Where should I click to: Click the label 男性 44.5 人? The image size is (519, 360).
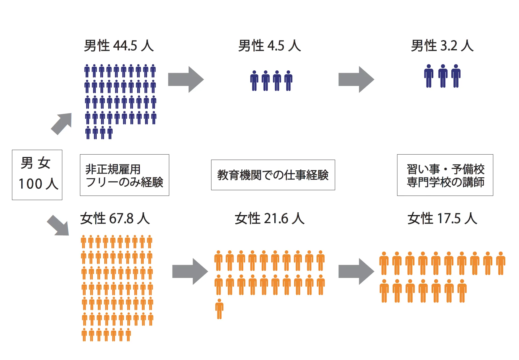pyautogui.click(x=119, y=46)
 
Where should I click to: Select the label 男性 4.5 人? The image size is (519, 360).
pyautogui.click(x=270, y=46)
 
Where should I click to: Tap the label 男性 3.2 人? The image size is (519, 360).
pyautogui.click(x=442, y=46)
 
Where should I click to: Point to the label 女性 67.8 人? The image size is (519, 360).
pyautogui.click(x=115, y=218)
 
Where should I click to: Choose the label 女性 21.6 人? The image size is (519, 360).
pyautogui.click(x=270, y=218)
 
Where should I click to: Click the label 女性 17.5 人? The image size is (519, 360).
pyautogui.click(x=442, y=218)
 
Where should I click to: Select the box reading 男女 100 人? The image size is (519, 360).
pyautogui.click(x=37, y=175)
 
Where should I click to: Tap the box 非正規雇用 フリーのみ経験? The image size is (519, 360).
pyautogui.click(x=124, y=175)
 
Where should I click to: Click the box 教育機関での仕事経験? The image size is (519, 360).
pyautogui.click(x=273, y=175)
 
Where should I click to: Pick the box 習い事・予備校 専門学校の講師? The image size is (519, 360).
pyautogui.click(x=445, y=175)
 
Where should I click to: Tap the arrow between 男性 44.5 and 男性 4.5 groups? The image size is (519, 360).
pyautogui.click(x=186, y=79)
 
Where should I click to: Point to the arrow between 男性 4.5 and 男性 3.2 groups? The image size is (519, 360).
pyautogui.click(x=356, y=79)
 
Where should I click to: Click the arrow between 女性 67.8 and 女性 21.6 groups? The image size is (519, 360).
pyautogui.click(x=190, y=271)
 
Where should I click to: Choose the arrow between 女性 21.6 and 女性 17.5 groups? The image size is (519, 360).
pyautogui.click(x=356, y=271)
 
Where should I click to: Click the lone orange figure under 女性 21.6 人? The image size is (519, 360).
pyautogui.click(x=219, y=309)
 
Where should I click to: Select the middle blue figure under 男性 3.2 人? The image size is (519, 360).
pyautogui.click(x=443, y=76)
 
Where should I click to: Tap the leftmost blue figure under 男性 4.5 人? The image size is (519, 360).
pyautogui.click(x=254, y=81)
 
